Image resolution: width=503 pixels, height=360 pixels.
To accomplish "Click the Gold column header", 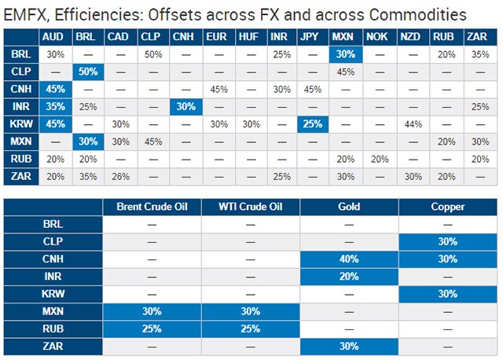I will click(x=349, y=208).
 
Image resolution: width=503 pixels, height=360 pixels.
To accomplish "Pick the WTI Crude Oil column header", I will click(x=251, y=208).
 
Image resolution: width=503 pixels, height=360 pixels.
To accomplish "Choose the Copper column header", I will click(x=447, y=208).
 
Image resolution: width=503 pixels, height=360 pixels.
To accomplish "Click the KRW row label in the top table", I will click(x=21, y=123).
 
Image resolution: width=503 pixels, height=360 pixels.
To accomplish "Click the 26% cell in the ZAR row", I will click(x=118, y=175).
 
